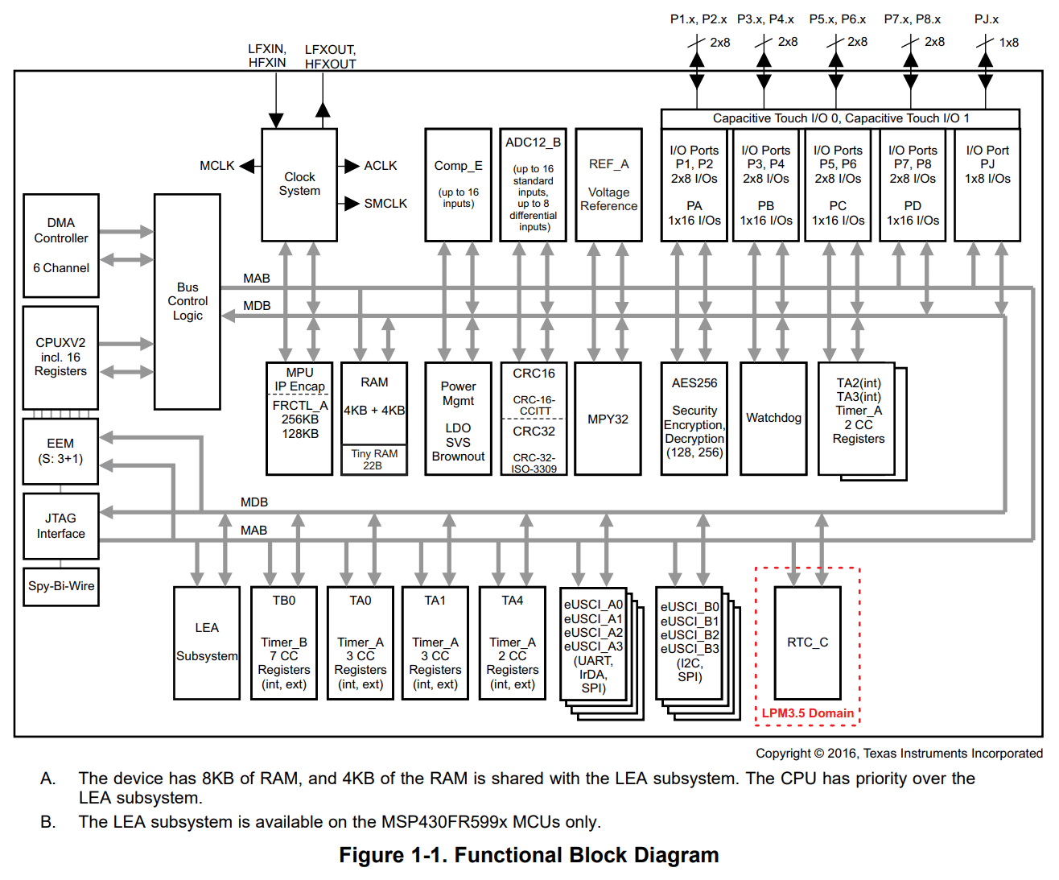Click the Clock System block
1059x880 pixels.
pyautogui.click(x=299, y=184)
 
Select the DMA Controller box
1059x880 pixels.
pyautogui.click(x=61, y=246)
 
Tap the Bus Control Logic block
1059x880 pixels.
pyautogui.click(x=187, y=301)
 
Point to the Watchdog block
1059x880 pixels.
pyautogui.click(x=773, y=418)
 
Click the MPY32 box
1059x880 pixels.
pyautogui.click(x=608, y=419)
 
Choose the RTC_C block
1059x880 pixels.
pyautogui.click(x=807, y=642)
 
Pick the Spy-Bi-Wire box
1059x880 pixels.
pyautogui.click(x=61, y=586)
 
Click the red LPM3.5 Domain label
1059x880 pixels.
pyautogui.click(x=807, y=713)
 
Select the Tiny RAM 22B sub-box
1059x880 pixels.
pyautogui.click(x=374, y=460)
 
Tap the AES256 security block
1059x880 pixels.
pyautogui.click(x=694, y=418)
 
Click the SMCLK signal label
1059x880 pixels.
pyautogui.click(x=385, y=204)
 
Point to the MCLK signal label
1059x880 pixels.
pyautogui.click(x=216, y=166)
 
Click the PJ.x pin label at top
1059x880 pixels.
pyautogui.click(x=987, y=19)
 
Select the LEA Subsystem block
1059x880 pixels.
pyautogui.click(x=207, y=642)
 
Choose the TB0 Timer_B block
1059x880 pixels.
pyautogui.click(x=283, y=642)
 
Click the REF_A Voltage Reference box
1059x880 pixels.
pyautogui.click(x=608, y=184)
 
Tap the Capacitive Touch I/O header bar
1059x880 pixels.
pyautogui.click(x=840, y=118)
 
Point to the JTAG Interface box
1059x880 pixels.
pyautogui.click(x=61, y=526)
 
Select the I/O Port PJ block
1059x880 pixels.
pyautogui.click(x=987, y=184)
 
